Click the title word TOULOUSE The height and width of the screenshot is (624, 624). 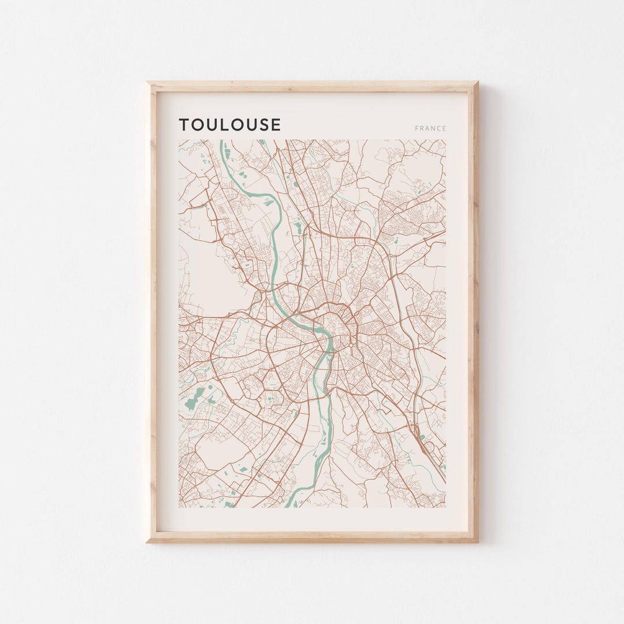(x=229, y=125)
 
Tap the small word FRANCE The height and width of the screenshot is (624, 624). (x=430, y=129)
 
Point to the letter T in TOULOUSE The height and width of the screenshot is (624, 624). (x=184, y=125)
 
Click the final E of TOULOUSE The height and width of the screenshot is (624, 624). (x=276, y=125)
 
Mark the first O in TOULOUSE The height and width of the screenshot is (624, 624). (x=198, y=125)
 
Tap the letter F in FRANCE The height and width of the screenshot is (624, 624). (x=417, y=129)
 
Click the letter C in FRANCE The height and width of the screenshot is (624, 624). (x=439, y=129)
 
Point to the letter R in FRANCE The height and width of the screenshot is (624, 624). (x=422, y=129)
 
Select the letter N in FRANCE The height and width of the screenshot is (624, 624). (x=433, y=129)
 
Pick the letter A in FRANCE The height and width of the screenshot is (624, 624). (x=428, y=129)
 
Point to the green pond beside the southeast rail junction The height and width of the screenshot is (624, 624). (x=422, y=437)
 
